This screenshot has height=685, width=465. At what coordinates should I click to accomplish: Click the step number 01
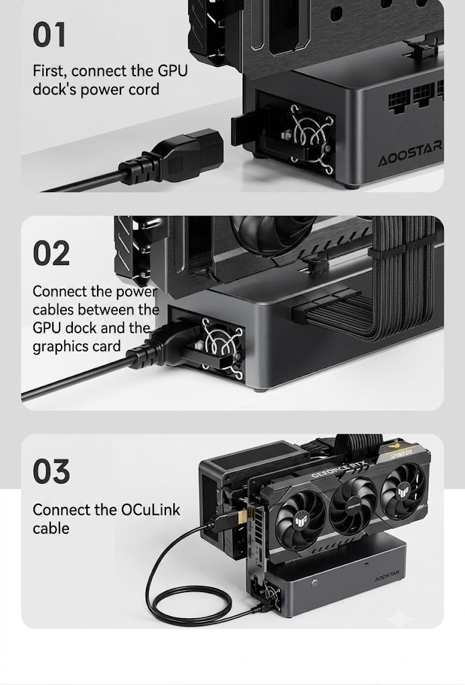(x=49, y=35)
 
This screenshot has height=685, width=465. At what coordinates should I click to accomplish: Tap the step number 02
(x=51, y=253)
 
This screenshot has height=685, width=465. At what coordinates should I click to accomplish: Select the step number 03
(x=51, y=471)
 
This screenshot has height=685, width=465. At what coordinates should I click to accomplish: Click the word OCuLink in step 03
(x=151, y=509)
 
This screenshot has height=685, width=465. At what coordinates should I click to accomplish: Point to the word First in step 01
(x=50, y=71)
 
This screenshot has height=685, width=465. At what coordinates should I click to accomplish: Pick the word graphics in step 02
(x=58, y=347)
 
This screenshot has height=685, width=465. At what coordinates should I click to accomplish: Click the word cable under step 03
(x=51, y=528)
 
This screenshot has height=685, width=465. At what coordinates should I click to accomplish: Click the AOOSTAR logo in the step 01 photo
(x=410, y=155)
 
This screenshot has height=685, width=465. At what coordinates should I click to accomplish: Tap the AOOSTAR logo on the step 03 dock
(x=387, y=576)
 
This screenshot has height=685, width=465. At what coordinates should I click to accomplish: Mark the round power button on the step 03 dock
(x=314, y=583)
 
